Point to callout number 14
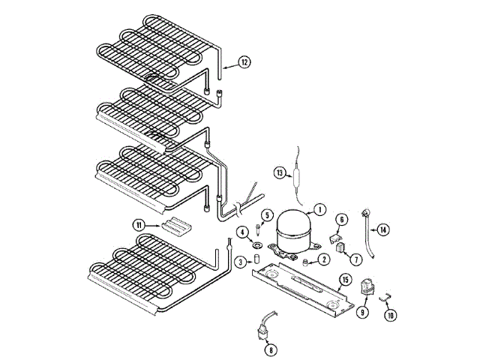(382, 229)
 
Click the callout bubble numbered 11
(139, 224)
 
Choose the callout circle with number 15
(345, 280)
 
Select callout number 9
(363, 312)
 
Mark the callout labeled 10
(390, 316)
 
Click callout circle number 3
(240, 262)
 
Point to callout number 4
(243, 232)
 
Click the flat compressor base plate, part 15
(300, 289)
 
